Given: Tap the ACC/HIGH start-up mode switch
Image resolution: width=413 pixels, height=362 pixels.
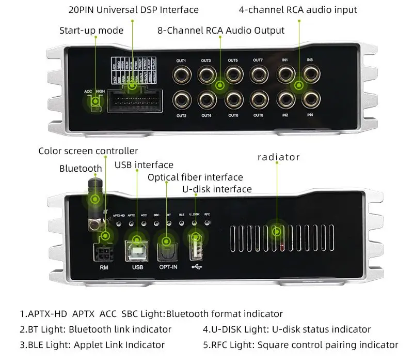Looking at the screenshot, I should [94, 101].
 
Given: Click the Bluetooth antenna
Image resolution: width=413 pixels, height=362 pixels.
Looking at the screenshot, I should [94, 199].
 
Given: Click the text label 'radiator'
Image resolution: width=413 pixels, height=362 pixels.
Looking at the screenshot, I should [279, 157].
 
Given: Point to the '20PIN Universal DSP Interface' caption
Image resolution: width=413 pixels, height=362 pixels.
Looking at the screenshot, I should [134, 10].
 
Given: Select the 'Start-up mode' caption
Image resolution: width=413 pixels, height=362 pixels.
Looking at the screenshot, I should [91, 31].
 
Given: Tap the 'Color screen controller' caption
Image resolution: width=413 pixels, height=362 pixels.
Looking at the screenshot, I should [88, 151].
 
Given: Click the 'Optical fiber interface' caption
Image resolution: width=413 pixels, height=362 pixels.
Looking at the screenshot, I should [195, 177].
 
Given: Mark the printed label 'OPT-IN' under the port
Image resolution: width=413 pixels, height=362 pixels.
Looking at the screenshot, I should [167, 267].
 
